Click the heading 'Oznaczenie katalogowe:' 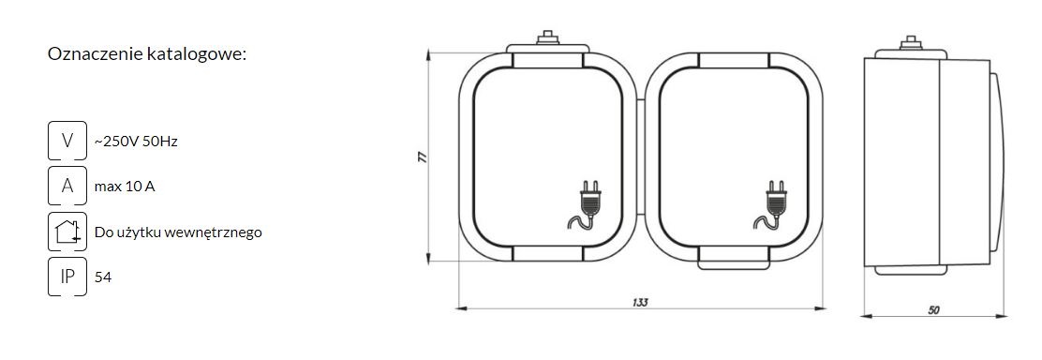pos(147,54)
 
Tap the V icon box pos(67,141)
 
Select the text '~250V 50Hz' pos(136,142)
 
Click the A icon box pos(67,186)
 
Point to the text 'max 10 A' pos(125,187)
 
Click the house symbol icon pos(67,232)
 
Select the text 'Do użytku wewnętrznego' pos(178,232)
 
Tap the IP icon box pos(67,277)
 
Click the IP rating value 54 pos(103,277)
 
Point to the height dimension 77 pos(422,157)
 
